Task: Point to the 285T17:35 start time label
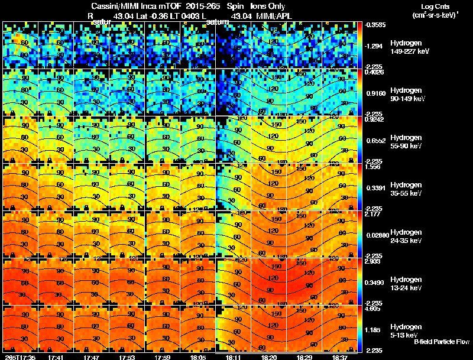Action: pos(20,356)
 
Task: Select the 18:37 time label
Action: pos(339,356)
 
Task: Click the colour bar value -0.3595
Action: pos(376,25)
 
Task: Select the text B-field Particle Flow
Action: pos(441,342)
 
